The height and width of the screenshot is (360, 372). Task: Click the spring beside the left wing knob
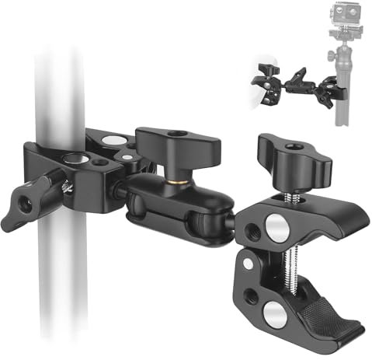pyautogui.click(x=66, y=184)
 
